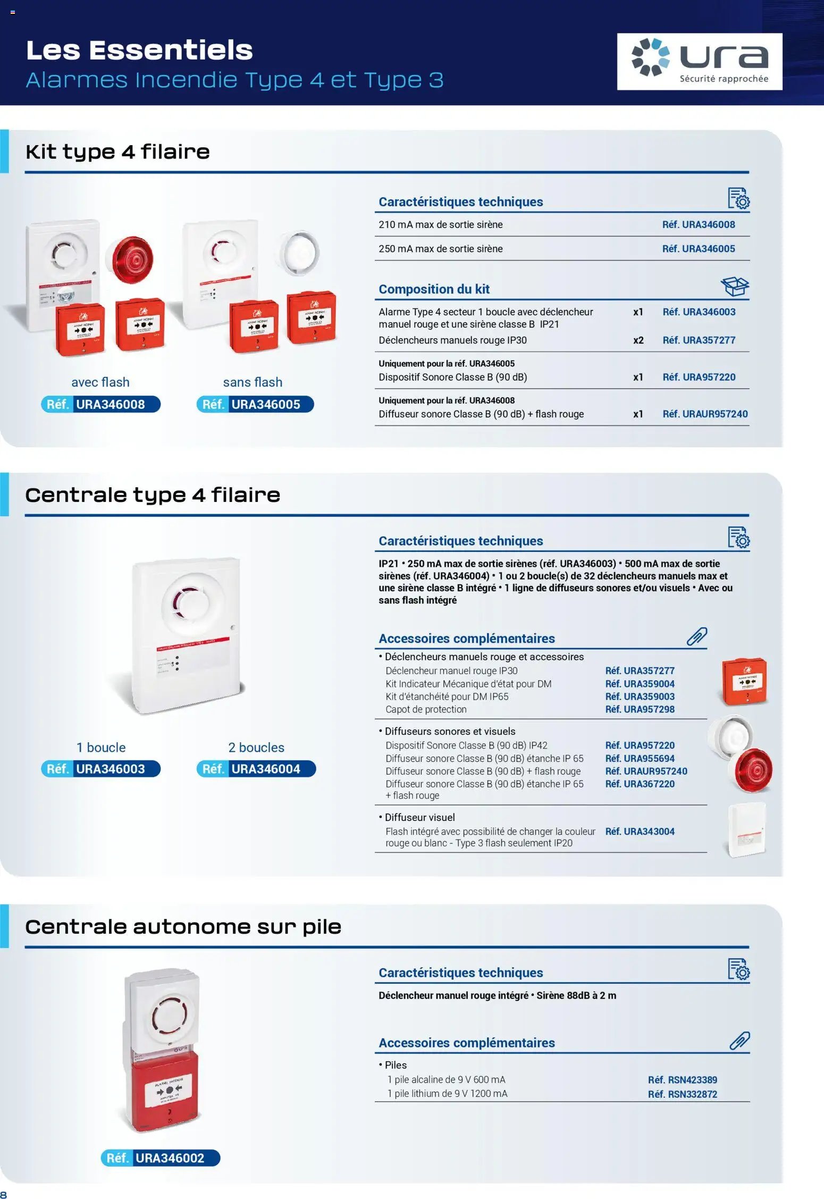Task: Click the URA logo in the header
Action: pyautogui.click(x=699, y=62)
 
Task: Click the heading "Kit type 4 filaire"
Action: pyautogui.click(x=117, y=152)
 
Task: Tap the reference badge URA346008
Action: pyautogui.click(x=100, y=405)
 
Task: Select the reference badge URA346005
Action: pyautogui.click(x=255, y=405)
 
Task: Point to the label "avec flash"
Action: pyautogui.click(x=100, y=382)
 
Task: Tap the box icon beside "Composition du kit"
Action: pyautogui.click(x=735, y=287)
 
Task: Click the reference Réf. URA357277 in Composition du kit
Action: pyautogui.click(x=699, y=340)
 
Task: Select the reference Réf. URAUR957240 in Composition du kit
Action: pyautogui.click(x=705, y=414)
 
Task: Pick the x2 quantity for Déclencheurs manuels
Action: pyautogui.click(x=638, y=340)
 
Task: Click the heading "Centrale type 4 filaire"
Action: pyautogui.click(x=153, y=496)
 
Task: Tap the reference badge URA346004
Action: pyautogui.click(x=256, y=769)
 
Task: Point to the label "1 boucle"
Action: pyautogui.click(x=101, y=748)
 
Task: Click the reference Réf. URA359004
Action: pyautogui.click(x=640, y=684)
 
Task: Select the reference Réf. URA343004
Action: pyautogui.click(x=640, y=832)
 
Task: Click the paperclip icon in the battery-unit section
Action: pyautogui.click(x=739, y=1041)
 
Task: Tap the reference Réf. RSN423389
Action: pyautogui.click(x=682, y=1080)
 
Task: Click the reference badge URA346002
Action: pyautogui.click(x=161, y=1158)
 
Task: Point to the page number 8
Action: pyautogui.click(x=4, y=1195)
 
